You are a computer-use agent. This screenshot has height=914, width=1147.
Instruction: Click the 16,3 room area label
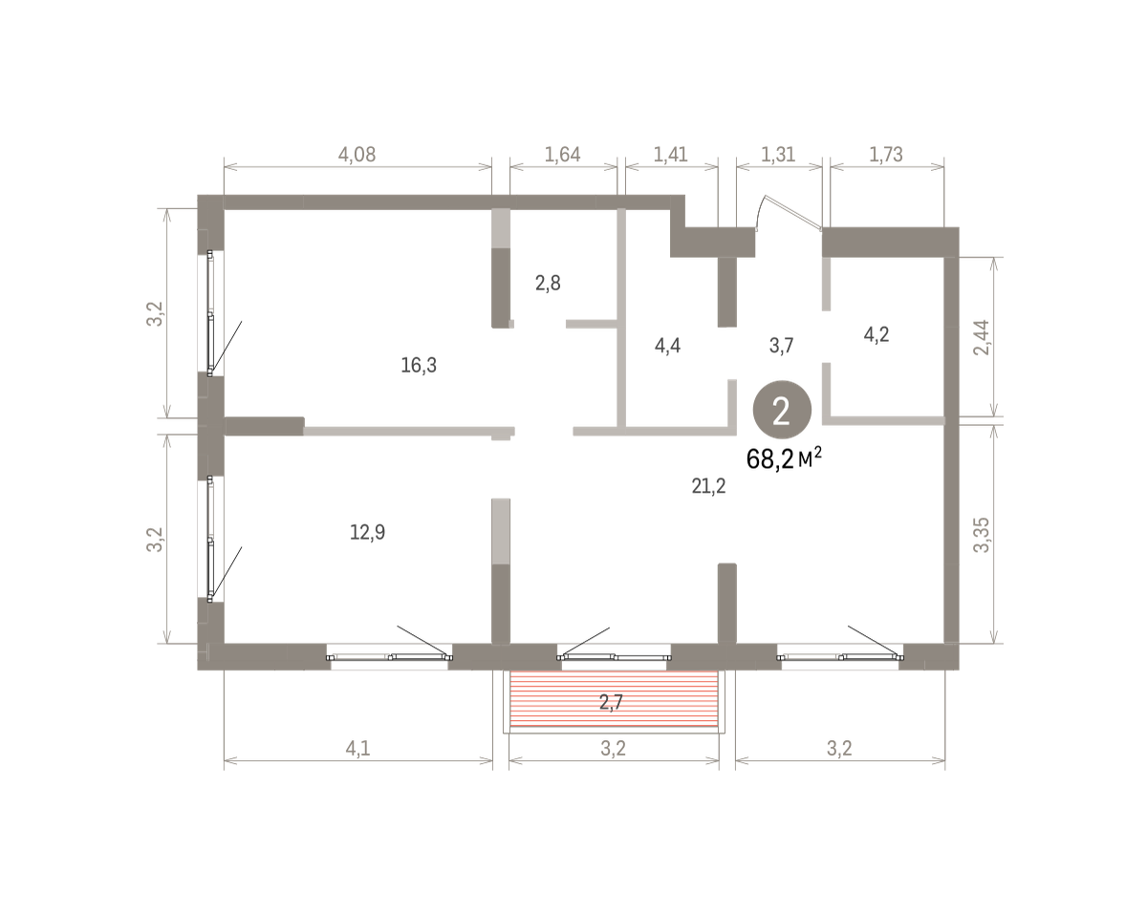[x=419, y=366]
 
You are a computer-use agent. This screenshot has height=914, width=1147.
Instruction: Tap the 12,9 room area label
[x=367, y=532]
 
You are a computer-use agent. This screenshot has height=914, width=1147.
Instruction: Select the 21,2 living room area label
[x=708, y=486]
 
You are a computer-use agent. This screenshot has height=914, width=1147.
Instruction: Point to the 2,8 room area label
[x=548, y=283]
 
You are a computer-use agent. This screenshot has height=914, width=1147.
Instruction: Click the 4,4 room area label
[x=667, y=346]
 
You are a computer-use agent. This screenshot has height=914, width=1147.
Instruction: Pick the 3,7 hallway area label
[x=781, y=346]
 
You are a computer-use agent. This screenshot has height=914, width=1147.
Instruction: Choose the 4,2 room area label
[x=876, y=334]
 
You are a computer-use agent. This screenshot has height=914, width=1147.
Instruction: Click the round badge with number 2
[x=782, y=410]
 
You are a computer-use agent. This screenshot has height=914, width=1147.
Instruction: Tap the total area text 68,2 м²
[x=784, y=458]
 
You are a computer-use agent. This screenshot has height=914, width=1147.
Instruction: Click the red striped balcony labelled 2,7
[x=614, y=698]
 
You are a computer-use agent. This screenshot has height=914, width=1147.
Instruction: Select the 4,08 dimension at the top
[x=357, y=155]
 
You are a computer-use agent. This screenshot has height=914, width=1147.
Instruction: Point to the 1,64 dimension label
[x=562, y=155]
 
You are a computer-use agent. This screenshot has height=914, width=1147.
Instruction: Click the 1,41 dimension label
[x=670, y=155]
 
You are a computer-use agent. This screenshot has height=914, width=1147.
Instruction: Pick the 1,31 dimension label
[x=778, y=155]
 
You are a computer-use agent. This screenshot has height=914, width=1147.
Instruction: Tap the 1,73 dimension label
[x=886, y=155]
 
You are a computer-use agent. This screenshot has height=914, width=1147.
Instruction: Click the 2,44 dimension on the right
[x=982, y=337]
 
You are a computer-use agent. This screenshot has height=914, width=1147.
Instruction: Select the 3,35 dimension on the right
[x=982, y=535]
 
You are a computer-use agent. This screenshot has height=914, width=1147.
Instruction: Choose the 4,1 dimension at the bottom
[x=357, y=749]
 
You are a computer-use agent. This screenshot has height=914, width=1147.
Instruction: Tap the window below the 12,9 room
[x=390, y=657]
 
